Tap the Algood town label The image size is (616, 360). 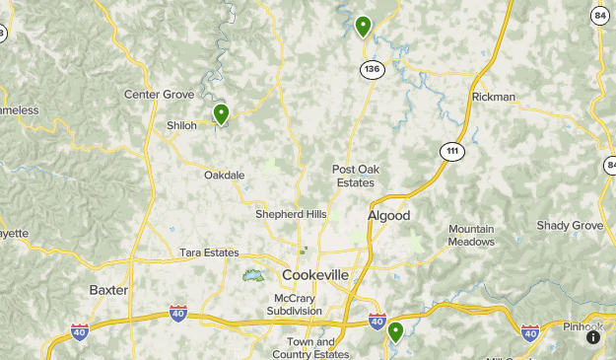coord(388,215)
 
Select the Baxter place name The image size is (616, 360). coord(108,290)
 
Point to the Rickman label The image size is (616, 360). coord(493,97)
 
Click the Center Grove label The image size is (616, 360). coord(159,94)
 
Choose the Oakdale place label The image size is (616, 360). coord(224,175)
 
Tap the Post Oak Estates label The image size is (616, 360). coord(354,176)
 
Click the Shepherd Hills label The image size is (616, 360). coord(290,214)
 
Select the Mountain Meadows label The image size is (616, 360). coord(471,235)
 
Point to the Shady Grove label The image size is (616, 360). coord(569,225)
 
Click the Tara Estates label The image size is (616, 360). coord(209,252)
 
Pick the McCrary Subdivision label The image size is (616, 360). coord(294,304)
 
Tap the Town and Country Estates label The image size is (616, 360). coord(310,347)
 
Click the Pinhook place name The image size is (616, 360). coord(583,326)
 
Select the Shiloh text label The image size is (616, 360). coord(181,125)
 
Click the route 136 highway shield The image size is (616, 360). coord(371,70)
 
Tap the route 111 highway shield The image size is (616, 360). coord(451,150)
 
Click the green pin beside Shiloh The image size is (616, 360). coord(221,114)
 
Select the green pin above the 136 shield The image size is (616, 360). coord(363,26)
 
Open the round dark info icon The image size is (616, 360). coord(592,337)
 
